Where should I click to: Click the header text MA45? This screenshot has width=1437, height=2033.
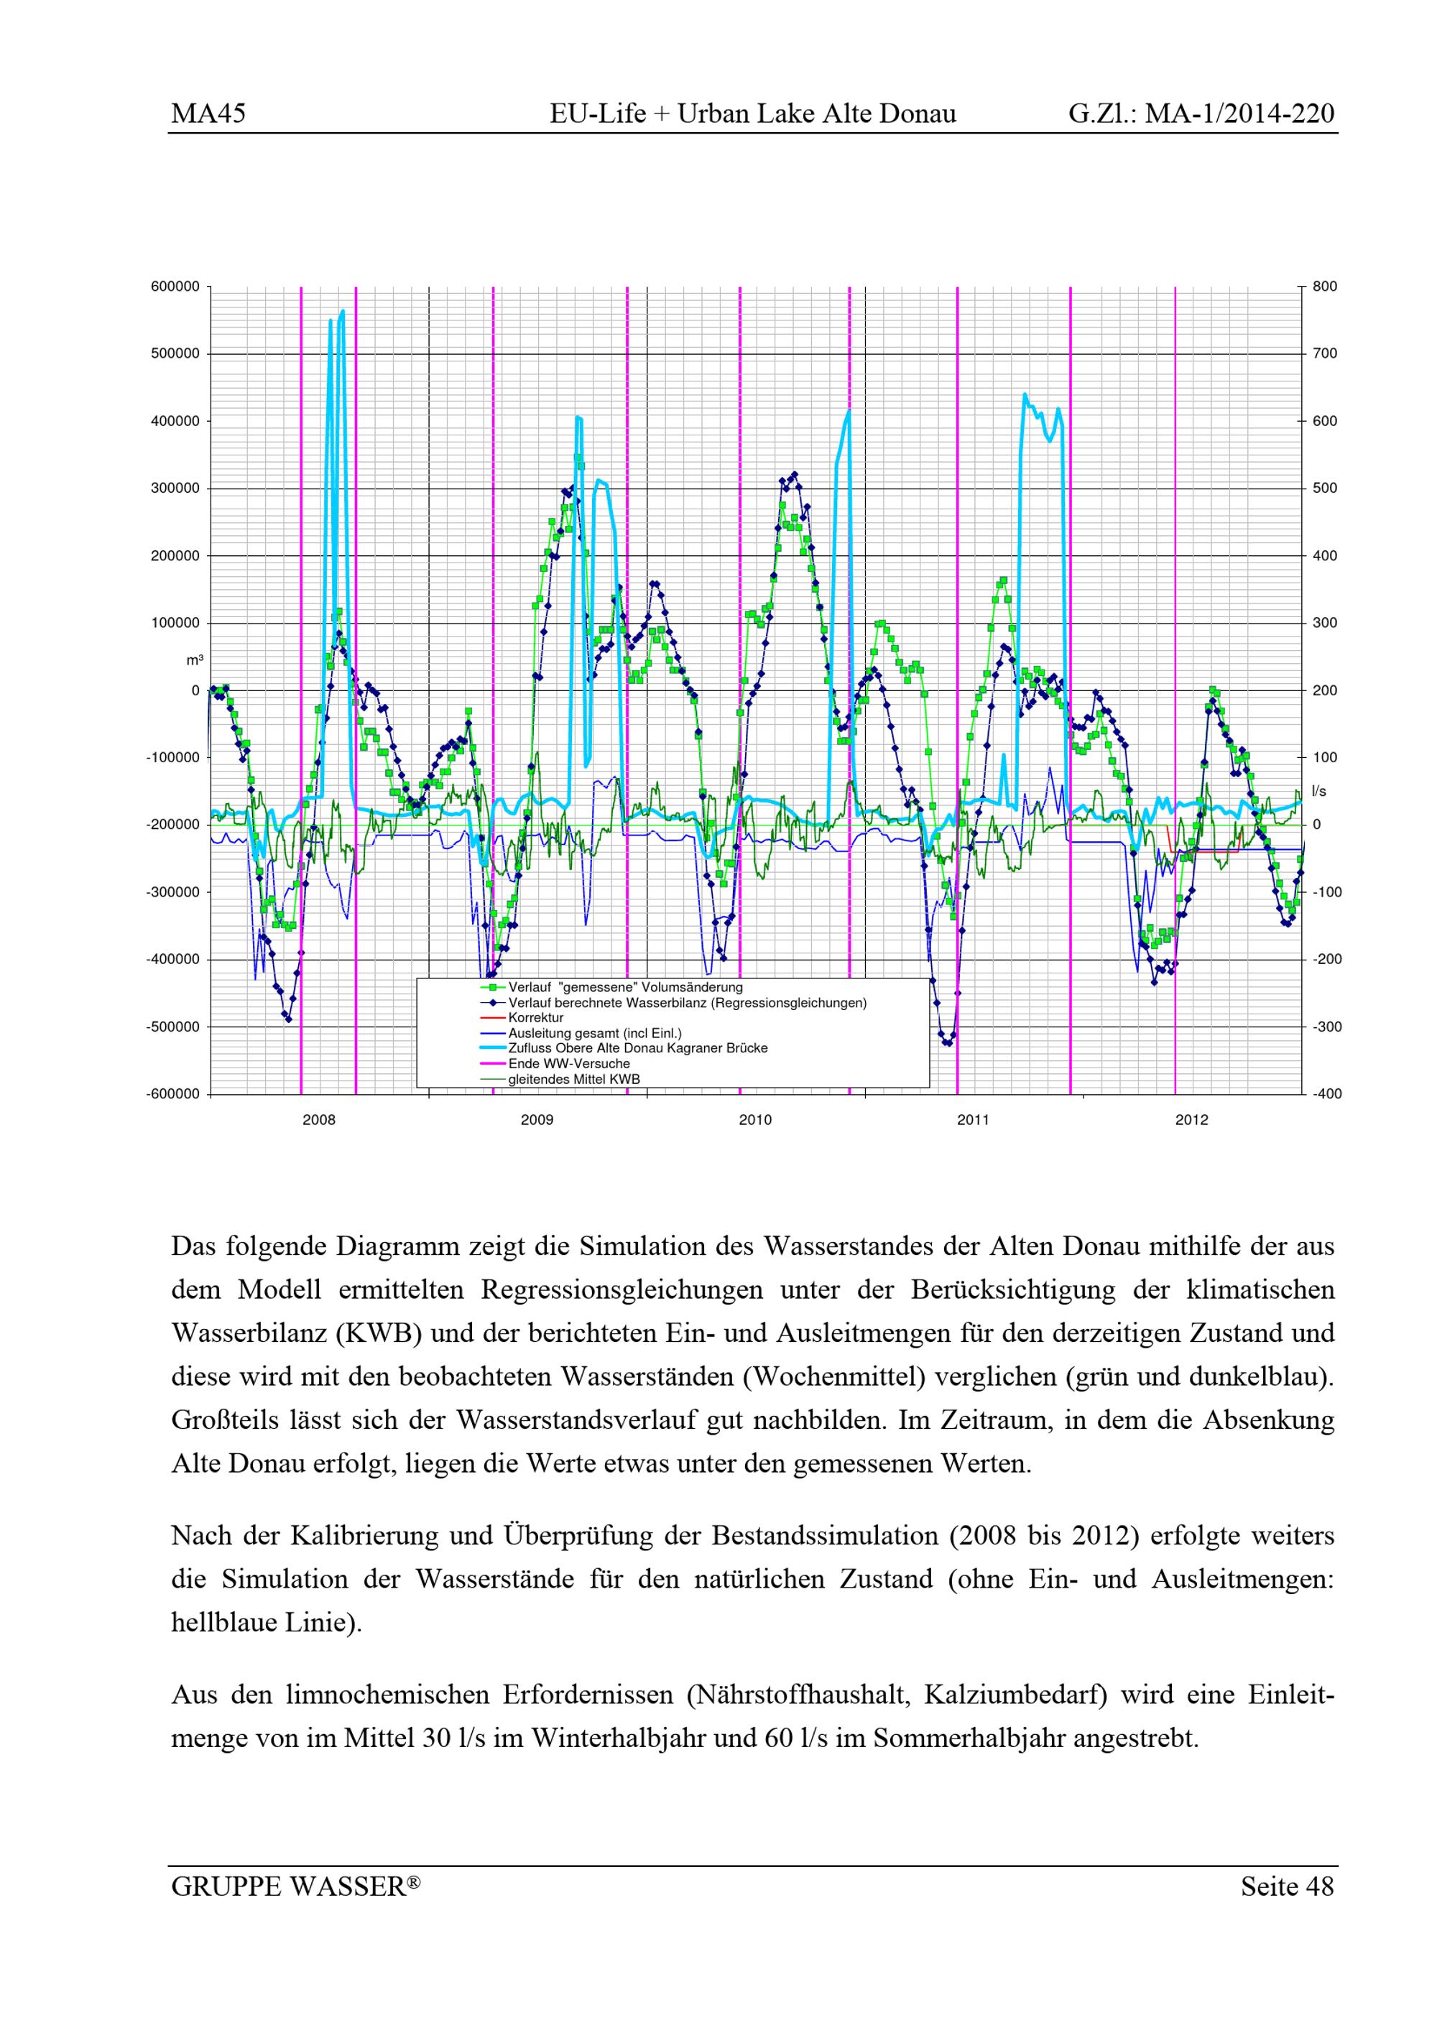(208, 114)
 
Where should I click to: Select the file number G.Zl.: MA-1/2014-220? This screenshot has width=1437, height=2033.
(1201, 114)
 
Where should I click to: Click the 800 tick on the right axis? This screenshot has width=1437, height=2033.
(1326, 287)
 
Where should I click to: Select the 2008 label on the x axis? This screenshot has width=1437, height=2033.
(319, 1120)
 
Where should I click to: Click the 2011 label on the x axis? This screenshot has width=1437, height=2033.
(973, 1120)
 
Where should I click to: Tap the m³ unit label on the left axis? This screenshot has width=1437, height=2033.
(194, 661)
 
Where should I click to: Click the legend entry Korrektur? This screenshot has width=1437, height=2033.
(536, 1018)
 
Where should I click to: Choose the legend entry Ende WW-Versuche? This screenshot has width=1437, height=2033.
(568, 1063)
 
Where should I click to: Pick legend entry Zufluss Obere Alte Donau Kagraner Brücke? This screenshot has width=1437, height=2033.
(637, 1048)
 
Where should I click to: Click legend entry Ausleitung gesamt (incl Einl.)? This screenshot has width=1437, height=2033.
(594, 1033)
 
